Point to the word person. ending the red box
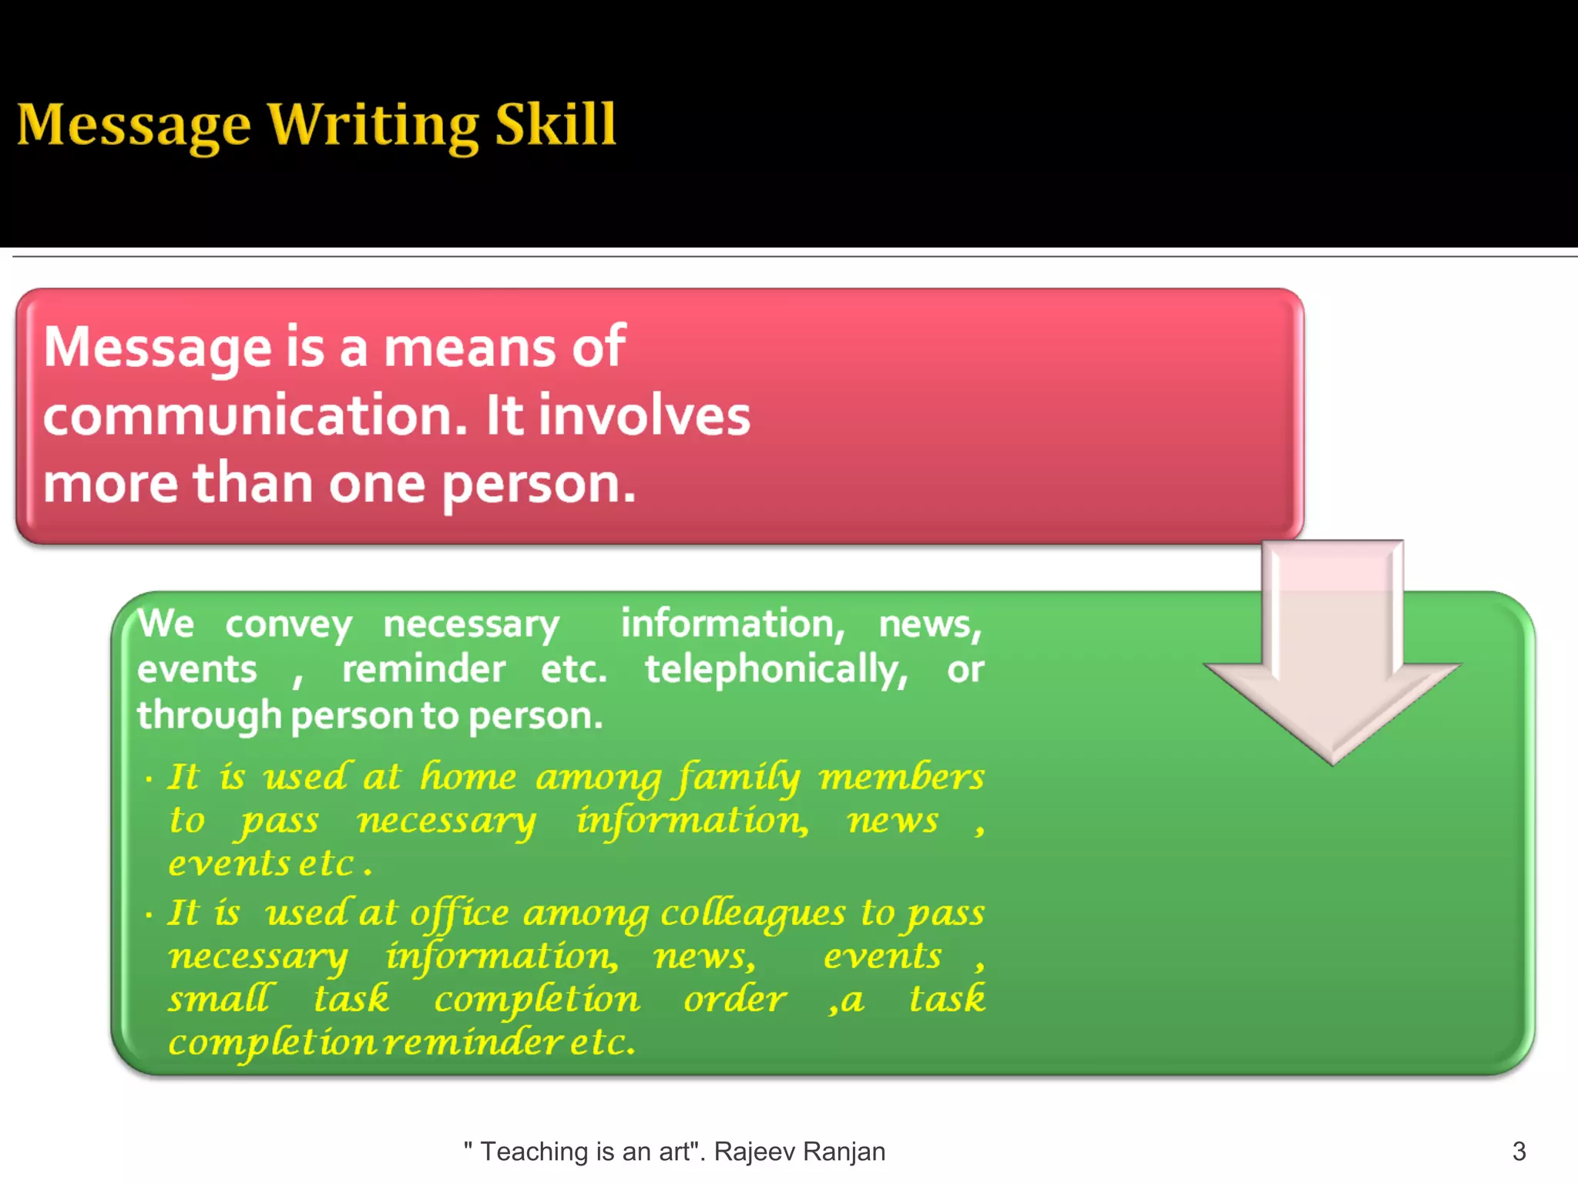point(539,484)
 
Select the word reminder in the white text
point(424,669)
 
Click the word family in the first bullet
point(738,777)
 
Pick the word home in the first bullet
point(468,776)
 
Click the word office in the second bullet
point(459,914)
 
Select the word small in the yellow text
point(220,999)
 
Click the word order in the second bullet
point(734,999)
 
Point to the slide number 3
point(1519,1151)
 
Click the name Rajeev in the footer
point(754,1151)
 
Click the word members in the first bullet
point(901,777)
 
